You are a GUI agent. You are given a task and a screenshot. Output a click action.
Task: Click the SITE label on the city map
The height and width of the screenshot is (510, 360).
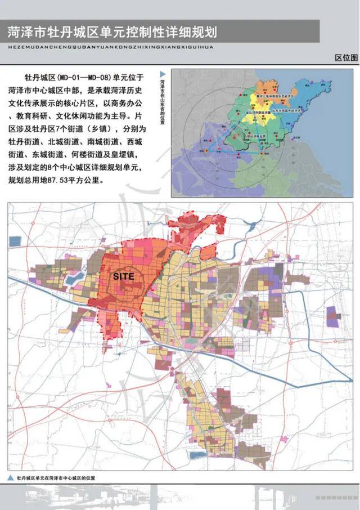coord(123,276)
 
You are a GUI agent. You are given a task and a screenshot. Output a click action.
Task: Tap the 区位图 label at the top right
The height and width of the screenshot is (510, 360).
coord(345,58)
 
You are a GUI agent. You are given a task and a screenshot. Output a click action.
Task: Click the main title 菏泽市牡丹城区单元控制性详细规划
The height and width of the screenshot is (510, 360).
coord(111,31)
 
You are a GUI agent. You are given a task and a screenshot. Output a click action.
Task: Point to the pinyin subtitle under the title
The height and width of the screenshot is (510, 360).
coord(110,47)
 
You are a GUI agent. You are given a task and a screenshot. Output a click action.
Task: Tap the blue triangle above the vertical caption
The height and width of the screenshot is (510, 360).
coord(163,74)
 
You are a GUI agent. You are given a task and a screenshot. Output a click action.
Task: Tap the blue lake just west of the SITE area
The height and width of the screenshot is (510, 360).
coord(78,277)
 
